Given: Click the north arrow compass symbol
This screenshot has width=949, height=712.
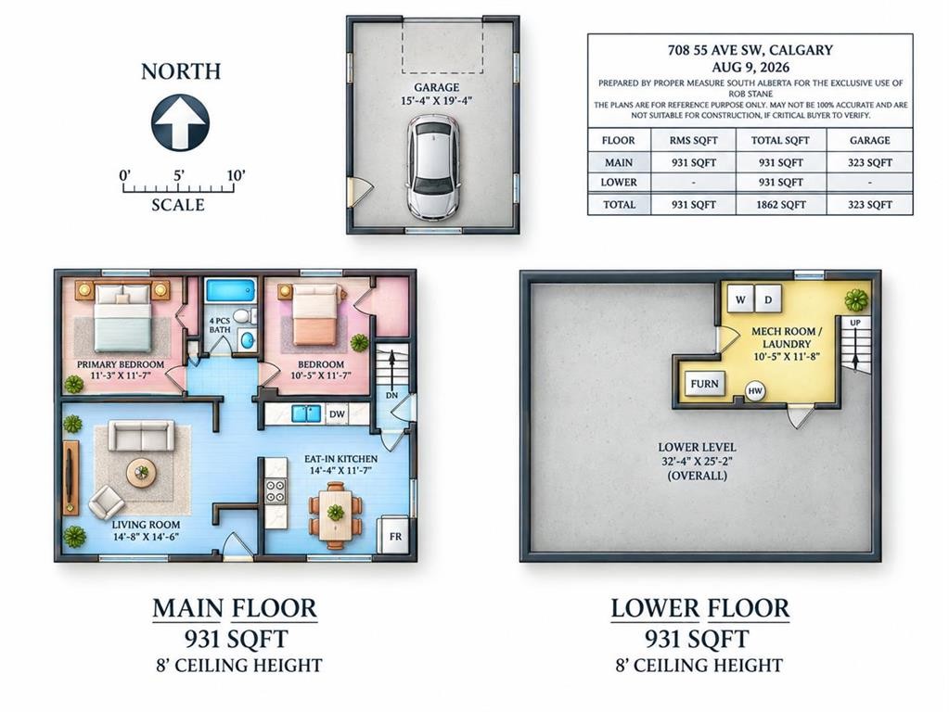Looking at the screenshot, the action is coord(180,122).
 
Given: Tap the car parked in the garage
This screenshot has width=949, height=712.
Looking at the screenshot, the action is coord(432,167).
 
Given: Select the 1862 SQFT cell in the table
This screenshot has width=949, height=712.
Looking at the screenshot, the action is coord(781,205).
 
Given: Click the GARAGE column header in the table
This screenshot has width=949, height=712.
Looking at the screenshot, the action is coord(870,140).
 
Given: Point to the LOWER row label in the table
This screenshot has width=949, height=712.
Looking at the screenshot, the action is coord(618,182).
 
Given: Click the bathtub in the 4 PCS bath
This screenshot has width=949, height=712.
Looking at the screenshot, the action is coord(231,290).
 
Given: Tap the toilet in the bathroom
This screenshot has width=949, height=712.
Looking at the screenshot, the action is coord(243,315).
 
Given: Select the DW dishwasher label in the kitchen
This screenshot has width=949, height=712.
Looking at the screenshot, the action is coord(337,413).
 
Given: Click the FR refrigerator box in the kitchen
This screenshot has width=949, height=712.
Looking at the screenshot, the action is coord(393,535).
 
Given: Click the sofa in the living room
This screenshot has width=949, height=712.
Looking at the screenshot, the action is coord(141,436).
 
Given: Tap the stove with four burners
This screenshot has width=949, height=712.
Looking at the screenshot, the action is coord(276,490).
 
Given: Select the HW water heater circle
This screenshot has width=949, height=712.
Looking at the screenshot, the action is coord(755,391).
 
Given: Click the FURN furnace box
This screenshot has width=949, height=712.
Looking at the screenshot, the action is coord(704,384).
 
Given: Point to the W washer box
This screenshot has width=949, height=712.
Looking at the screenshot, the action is coord(740,299).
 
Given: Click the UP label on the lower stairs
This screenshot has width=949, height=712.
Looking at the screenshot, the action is coord(855,323).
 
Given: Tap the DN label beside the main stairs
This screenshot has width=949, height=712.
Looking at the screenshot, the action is coord(391,396).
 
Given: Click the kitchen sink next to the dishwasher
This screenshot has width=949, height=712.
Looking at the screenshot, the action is coord(307,413).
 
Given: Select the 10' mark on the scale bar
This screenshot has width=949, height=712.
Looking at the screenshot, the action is coord(236,175).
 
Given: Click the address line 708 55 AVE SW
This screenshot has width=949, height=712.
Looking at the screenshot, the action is coord(750,50).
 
